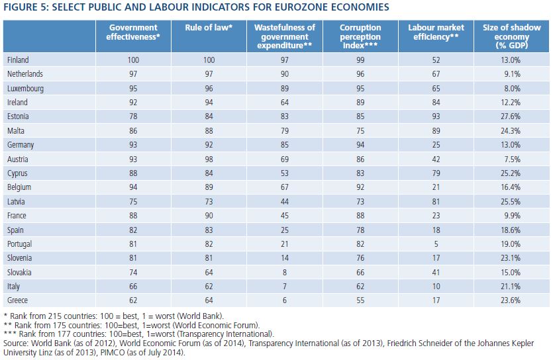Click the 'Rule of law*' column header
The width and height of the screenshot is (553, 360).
tap(209, 28)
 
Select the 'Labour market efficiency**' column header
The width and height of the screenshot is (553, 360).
tap(436, 32)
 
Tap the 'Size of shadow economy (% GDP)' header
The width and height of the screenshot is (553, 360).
tap(511, 36)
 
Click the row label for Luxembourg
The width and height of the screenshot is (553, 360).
tap(25, 89)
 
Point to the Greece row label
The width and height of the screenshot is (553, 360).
tap(17, 300)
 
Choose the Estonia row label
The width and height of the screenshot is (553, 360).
tap(18, 116)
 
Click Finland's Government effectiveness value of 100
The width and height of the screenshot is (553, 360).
tap(133, 60)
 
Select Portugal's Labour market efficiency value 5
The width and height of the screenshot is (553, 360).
tap(436, 244)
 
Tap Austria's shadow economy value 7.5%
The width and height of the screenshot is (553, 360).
tap(512, 159)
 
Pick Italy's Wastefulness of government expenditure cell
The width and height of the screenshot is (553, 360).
tap(285, 287)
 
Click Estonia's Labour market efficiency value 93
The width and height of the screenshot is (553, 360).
tap(436, 116)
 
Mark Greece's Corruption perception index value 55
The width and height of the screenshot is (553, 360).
tap(360, 300)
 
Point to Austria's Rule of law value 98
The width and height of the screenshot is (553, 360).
tap(209, 159)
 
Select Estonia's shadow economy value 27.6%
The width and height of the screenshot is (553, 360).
tap(511, 116)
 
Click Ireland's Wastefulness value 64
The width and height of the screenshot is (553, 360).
tap(285, 103)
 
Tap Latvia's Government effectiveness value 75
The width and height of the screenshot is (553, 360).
tap(133, 201)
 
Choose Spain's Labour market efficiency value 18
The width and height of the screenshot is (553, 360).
tap(436, 230)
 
